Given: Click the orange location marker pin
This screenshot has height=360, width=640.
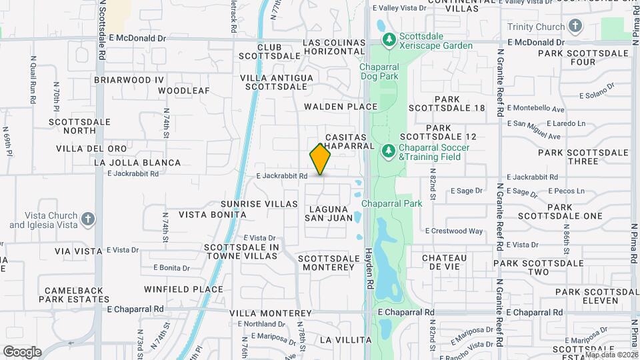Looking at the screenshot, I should [x=320, y=159].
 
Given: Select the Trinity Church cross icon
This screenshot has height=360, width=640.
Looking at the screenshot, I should [x=575, y=27].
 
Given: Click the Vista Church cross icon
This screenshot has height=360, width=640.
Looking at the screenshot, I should [x=88, y=219].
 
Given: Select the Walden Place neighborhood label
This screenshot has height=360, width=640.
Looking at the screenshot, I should [x=341, y=107].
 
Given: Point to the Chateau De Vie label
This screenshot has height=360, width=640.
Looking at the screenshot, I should [x=444, y=262].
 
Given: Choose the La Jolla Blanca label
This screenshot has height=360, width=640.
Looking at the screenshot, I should [x=137, y=163].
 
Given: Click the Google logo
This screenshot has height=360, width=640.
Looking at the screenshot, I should [x=22, y=351].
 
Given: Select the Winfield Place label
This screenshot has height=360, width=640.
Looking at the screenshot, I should [x=183, y=289].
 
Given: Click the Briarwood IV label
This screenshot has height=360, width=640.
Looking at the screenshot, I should [x=129, y=79].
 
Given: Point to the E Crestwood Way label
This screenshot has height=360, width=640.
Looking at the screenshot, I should [x=453, y=231].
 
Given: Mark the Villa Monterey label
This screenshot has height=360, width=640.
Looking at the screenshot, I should [x=271, y=313].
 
